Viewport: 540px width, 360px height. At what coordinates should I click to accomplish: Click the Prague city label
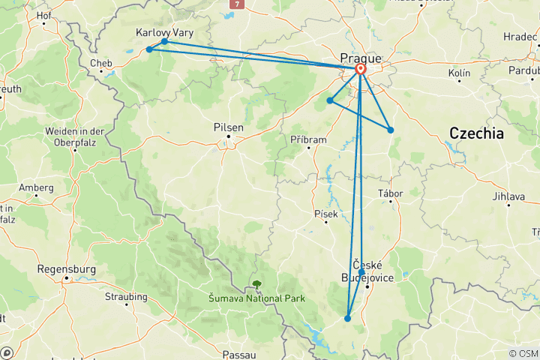361,57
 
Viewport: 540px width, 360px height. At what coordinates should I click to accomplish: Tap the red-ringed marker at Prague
360,70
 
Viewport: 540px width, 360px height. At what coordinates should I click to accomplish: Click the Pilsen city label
229,127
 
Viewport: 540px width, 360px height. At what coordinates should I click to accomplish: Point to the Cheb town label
101,63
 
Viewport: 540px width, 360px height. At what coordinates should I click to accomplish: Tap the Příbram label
308,139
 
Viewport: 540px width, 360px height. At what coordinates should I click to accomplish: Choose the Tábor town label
391,193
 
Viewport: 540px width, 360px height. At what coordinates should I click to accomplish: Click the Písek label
326,214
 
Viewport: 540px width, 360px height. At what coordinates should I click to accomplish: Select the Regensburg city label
66,268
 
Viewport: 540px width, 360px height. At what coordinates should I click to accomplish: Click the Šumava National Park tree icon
256,285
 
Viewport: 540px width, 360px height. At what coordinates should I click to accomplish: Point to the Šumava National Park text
256,298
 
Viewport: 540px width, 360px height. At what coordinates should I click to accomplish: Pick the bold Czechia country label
476,133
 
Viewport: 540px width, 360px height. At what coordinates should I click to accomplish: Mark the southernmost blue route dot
348,319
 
